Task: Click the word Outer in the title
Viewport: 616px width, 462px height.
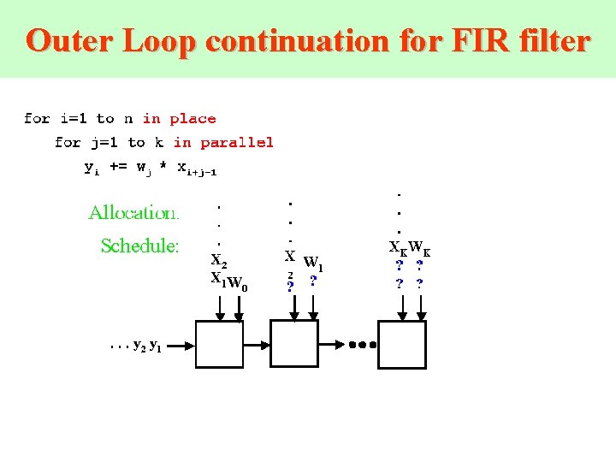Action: pyautogui.click(x=70, y=40)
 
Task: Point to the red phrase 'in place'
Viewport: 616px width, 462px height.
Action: pyautogui.click(x=179, y=119)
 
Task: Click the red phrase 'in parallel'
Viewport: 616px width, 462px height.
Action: pyautogui.click(x=223, y=142)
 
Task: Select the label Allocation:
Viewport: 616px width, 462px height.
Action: pyautogui.click(x=133, y=212)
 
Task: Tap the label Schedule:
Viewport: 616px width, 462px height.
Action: pyautogui.click(x=139, y=246)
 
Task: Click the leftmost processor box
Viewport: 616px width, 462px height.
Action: pyautogui.click(x=220, y=344)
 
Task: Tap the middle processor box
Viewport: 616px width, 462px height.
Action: pyautogui.click(x=294, y=344)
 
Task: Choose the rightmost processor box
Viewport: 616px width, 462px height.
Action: pyautogui.click(x=402, y=344)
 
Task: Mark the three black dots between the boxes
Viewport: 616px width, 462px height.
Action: pyautogui.click(x=362, y=346)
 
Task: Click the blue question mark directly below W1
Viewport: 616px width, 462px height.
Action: pyautogui.click(x=314, y=281)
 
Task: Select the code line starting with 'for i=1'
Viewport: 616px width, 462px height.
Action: pyautogui.click(x=120, y=119)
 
